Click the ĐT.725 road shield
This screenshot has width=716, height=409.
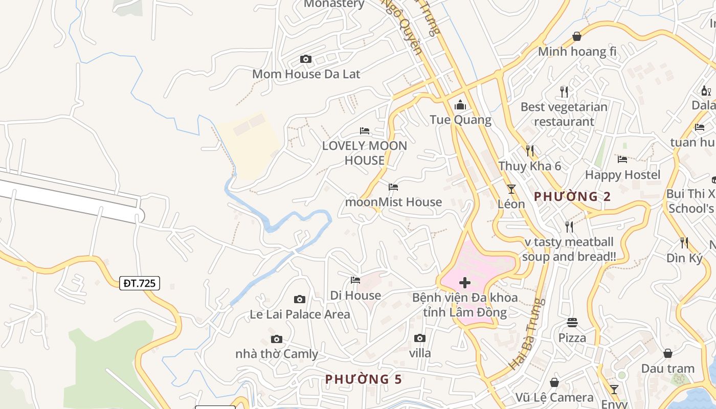pos(140,283)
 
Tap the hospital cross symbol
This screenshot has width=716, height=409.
pos(465,282)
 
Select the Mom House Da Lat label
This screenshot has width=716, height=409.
pos(306,74)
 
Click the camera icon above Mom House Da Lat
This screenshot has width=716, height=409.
pos(306,59)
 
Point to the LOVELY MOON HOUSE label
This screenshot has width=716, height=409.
pos(364,153)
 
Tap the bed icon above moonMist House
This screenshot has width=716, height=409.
pos(393,187)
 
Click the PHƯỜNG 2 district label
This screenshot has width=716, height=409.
pos(572,196)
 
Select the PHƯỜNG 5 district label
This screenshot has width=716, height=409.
pos(364,379)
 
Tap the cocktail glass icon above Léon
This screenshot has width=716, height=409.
pos(511,189)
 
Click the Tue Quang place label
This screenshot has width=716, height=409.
pos(460,120)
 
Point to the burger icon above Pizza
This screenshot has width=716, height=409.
pos(572,323)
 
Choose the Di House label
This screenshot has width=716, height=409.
pos(355,296)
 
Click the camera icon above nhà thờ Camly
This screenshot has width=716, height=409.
pos(277,339)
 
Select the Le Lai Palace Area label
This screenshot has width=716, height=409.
pos(300,314)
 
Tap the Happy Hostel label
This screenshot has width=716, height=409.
pos(622,175)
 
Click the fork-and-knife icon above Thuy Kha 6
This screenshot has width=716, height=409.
pos(530,151)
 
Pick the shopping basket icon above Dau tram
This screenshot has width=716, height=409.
pos(667,353)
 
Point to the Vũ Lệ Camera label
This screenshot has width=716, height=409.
pos(554,398)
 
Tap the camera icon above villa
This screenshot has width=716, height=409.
pos(420,338)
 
